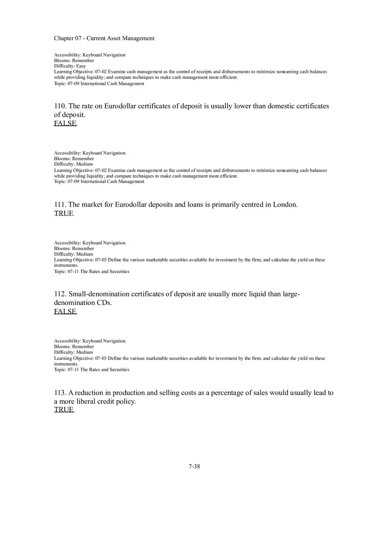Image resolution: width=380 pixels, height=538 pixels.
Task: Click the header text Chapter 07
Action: [x=68, y=38]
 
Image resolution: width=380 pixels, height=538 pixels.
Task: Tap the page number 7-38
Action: [x=194, y=466]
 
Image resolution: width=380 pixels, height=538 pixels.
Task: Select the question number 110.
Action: [x=60, y=106]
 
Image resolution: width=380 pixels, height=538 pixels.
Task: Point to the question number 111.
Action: [x=60, y=205]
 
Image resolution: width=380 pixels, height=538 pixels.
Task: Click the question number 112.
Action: [x=60, y=294]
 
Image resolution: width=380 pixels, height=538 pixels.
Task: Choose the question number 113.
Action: [x=60, y=393]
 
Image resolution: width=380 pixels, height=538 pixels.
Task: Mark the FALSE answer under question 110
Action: [x=65, y=123]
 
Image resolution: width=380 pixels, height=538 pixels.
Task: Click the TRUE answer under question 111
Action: [x=64, y=213]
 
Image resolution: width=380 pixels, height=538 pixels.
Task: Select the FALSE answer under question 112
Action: [x=65, y=311]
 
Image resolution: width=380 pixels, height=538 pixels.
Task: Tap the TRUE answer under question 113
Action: [x=64, y=410]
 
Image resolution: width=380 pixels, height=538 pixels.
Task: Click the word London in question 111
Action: [x=285, y=205]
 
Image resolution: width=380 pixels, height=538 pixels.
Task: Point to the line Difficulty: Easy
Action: [x=70, y=66]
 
